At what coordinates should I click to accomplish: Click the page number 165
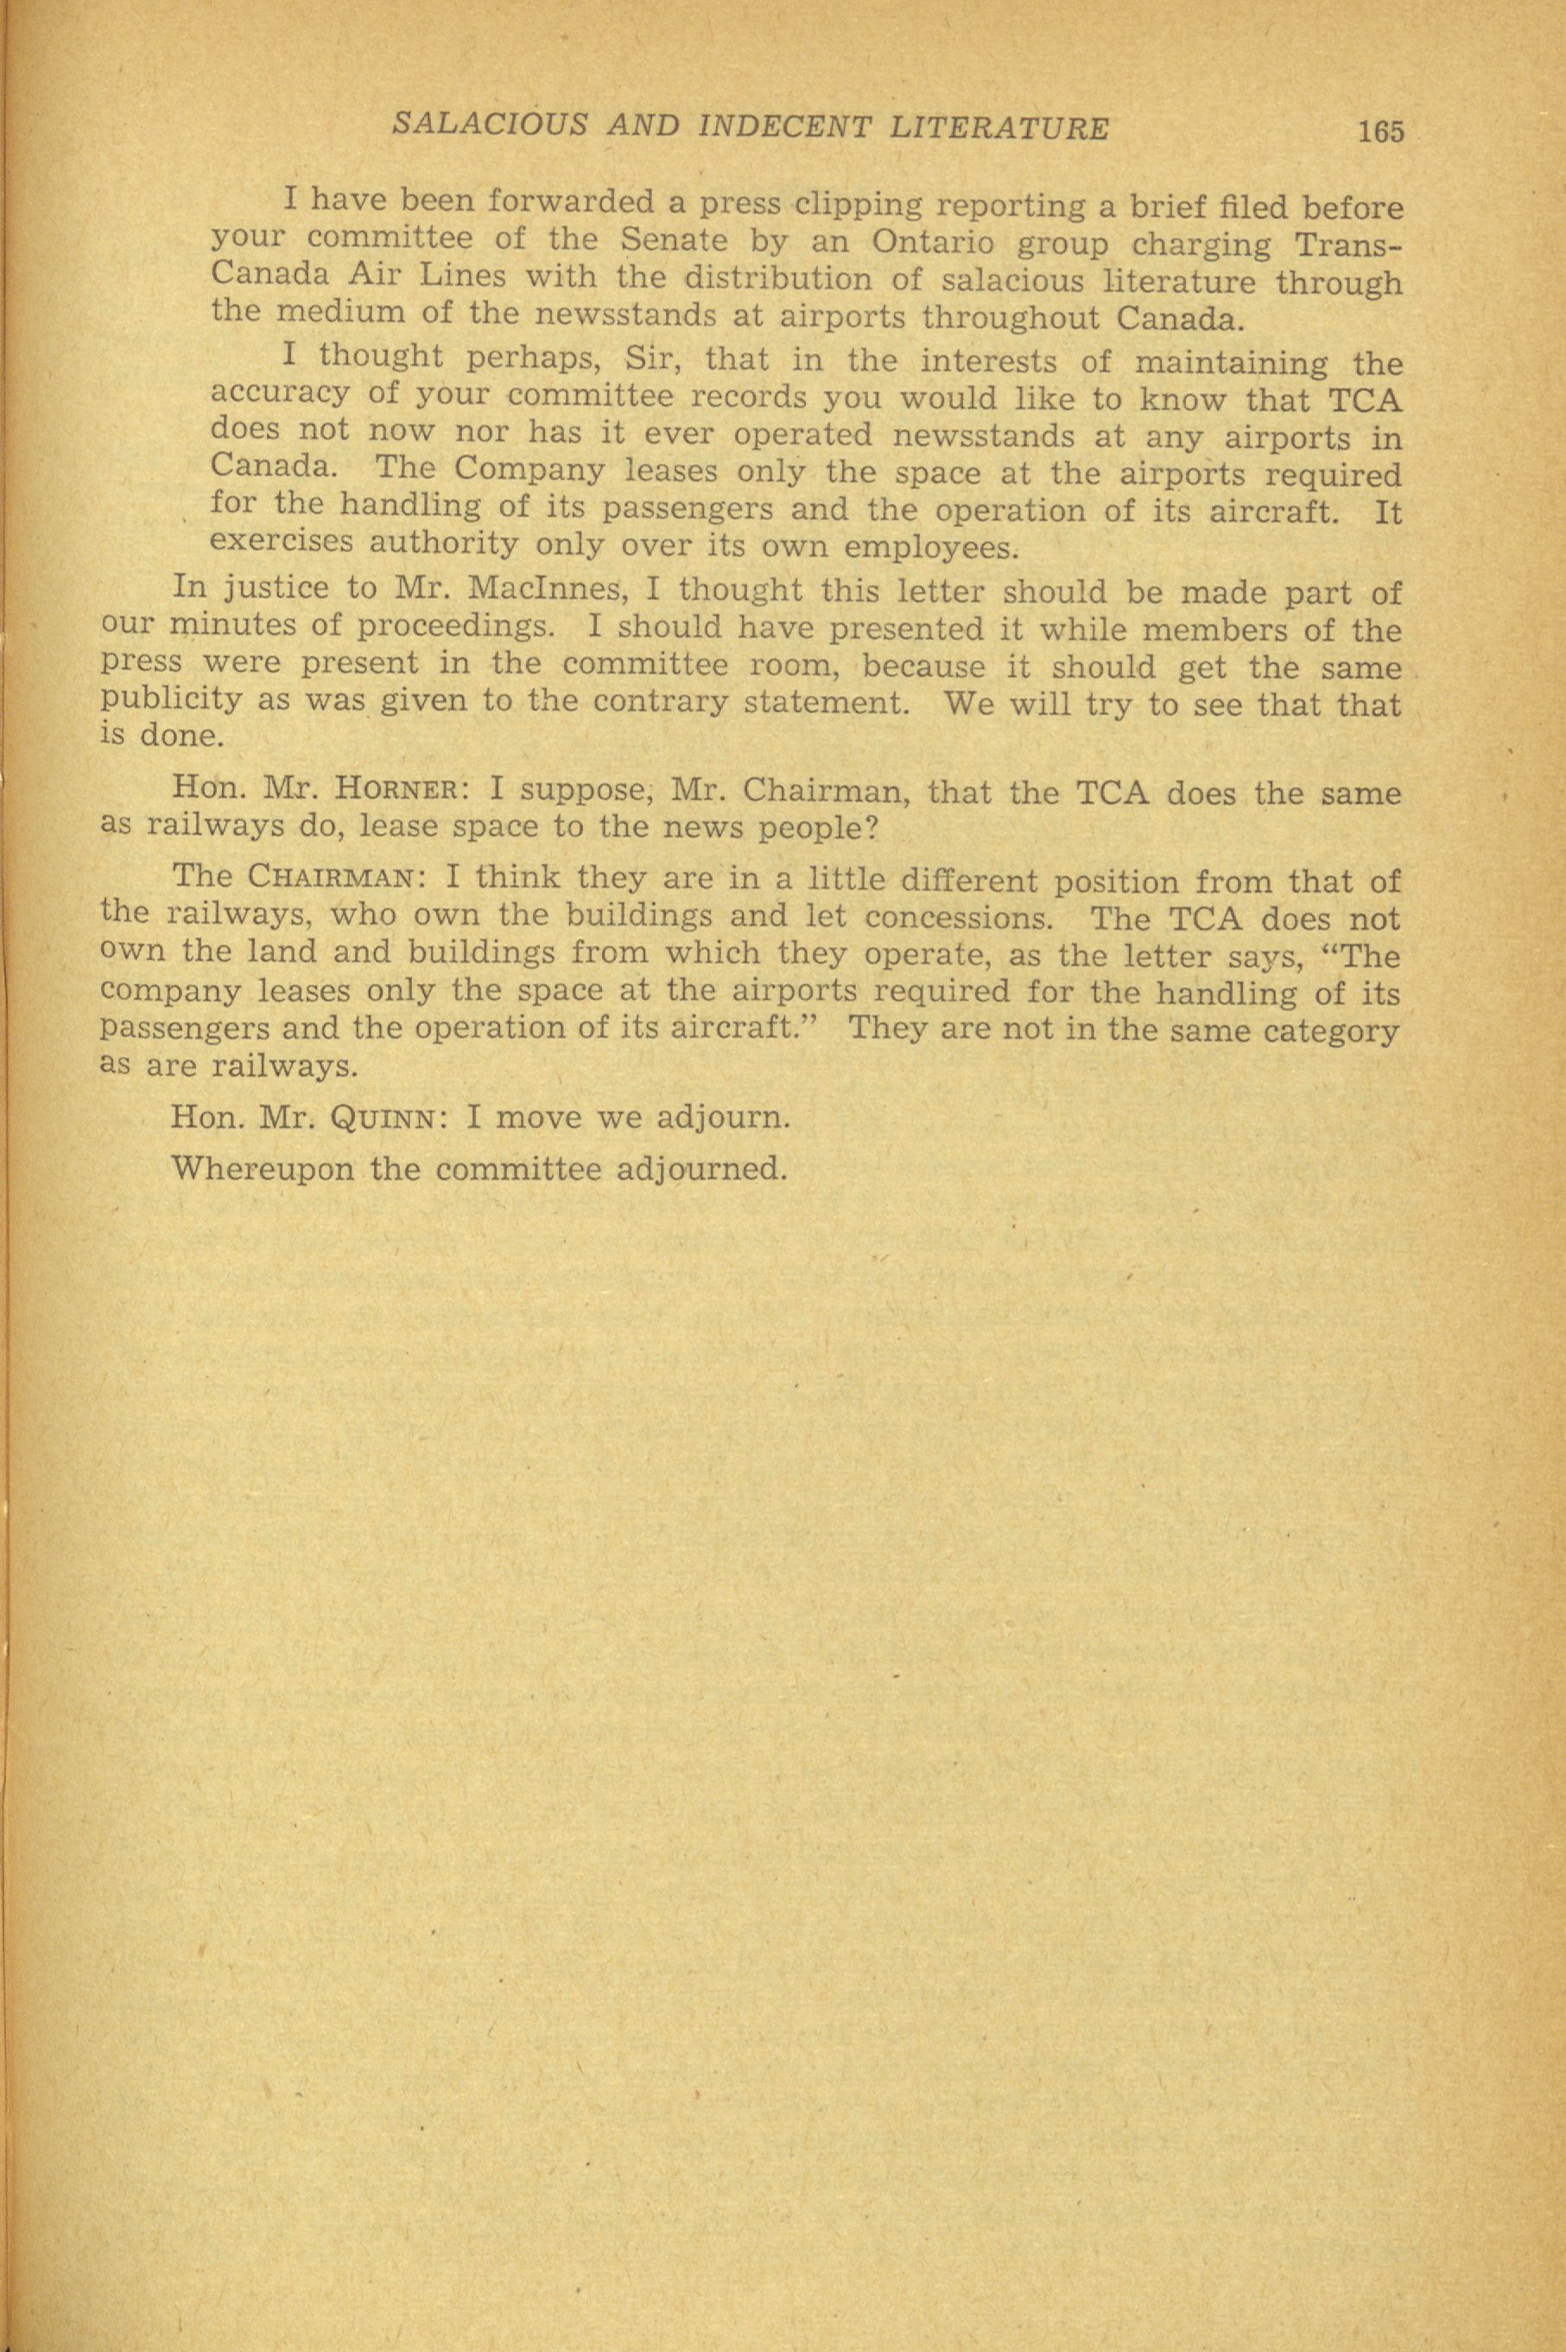coord(1380,131)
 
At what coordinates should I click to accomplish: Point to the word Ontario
coord(934,244)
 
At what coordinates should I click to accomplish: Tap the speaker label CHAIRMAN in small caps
coord(327,883)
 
